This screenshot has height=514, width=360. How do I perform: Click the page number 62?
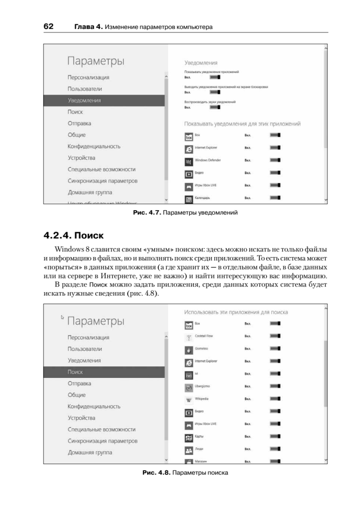48,27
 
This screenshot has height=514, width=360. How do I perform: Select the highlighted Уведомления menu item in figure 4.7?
84,100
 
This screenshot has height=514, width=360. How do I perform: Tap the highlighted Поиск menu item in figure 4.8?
75,372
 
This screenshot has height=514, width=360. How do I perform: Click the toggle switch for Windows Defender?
275,161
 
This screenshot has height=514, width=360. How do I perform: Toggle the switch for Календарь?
275,198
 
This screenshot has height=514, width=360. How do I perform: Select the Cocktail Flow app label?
204,336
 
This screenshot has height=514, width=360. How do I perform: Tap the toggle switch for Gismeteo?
275,350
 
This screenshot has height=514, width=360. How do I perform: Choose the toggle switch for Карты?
275,437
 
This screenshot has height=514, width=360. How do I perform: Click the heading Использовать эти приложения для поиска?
236,312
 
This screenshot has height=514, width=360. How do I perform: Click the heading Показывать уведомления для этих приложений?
242,124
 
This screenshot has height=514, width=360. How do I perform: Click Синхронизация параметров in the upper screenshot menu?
102,181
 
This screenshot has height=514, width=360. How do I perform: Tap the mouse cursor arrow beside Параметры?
62,317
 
